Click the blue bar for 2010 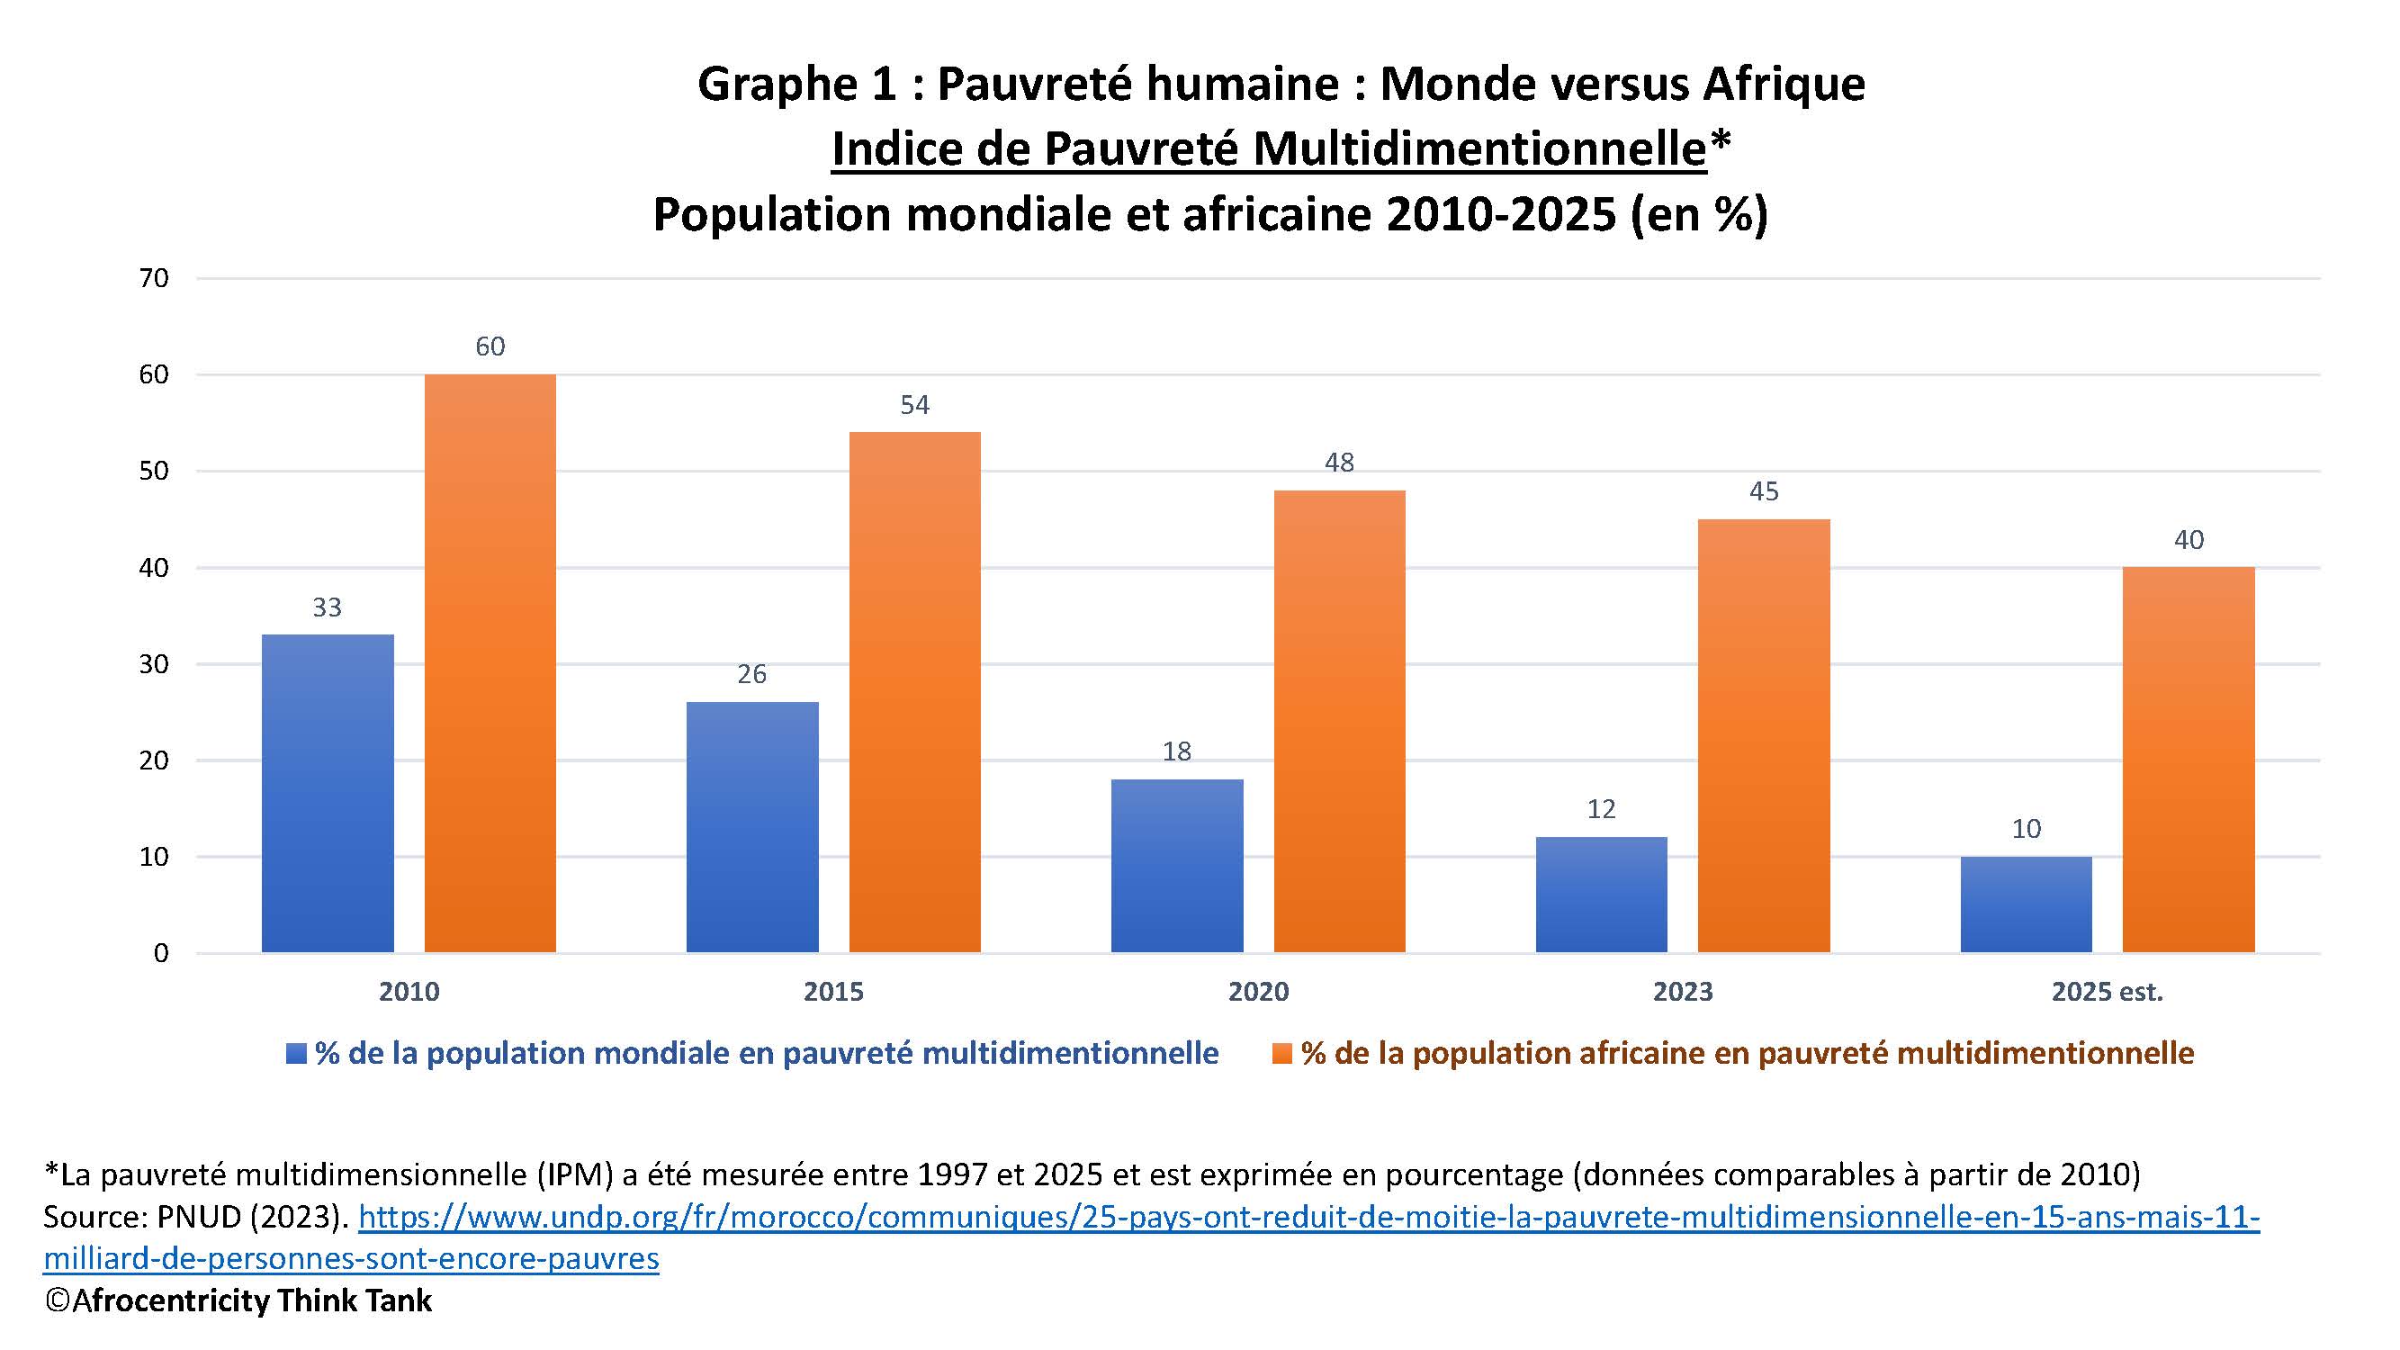tap(327, 793)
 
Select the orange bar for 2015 tap(914, 692)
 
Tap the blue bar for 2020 tap(1177, 866)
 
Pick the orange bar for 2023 tap(1764, 736)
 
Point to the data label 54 tap(914, 404)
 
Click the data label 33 tap(327, 607)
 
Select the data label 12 tap(1601, 809)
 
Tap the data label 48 tap(1339, 462)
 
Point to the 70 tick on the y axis tap(154, 277)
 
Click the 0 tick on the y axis tap(161, 952)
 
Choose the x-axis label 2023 tap(1683, 991)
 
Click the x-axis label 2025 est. tap(2107, 991)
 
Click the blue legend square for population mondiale tap(296, 1054)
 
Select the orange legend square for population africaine tap(1282, 1054)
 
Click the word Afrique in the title tap(1784, 84)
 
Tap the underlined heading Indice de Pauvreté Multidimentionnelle tap(1268, 148)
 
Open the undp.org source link tap(1308, 1217)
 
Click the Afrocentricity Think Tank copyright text tap(238, 1300)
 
